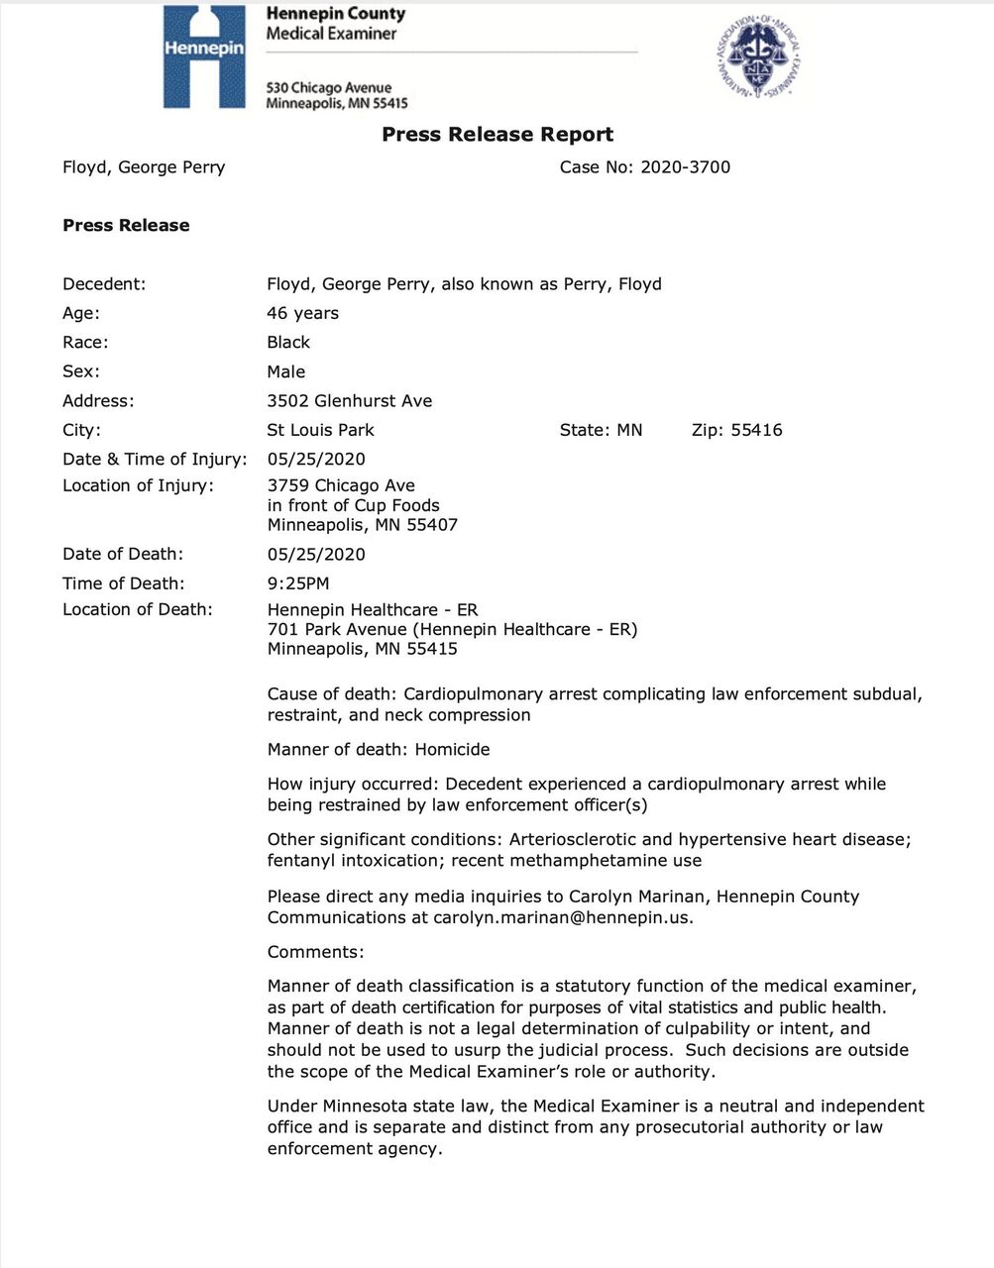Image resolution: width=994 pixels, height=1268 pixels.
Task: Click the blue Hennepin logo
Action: coord(204,56)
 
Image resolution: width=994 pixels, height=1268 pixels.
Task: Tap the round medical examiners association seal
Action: coord(758,56)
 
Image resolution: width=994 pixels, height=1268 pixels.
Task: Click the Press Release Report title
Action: coord(497,135)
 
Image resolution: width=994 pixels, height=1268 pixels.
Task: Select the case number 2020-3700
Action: coord(685,167)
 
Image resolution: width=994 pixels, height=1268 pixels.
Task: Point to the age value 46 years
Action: coord(302,313)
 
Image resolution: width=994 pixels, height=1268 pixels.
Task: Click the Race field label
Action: coord(85,343)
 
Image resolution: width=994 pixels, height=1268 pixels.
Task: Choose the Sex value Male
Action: coord(286,371)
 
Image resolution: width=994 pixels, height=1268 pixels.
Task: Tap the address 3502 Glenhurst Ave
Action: coord(349,401)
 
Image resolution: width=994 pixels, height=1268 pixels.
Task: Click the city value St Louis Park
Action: coord(320,430)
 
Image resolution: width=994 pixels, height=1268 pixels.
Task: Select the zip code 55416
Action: coord(756,430)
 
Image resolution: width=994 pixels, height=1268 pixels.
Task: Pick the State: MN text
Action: coord(601,430)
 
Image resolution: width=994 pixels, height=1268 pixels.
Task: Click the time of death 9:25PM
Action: coord(298,583)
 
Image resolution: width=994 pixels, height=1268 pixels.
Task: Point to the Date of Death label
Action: coord(123,554)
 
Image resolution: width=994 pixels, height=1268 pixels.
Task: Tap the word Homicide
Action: coord(452,750)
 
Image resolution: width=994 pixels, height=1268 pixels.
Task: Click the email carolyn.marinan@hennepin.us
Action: coord(562,917)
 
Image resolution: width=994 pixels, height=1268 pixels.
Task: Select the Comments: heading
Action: coord(315,952)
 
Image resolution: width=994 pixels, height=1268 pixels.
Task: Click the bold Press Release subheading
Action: coord(126,226)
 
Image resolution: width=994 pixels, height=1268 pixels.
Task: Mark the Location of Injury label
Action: coord(138,485)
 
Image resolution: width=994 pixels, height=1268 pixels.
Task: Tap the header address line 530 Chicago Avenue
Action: coord(328,88)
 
